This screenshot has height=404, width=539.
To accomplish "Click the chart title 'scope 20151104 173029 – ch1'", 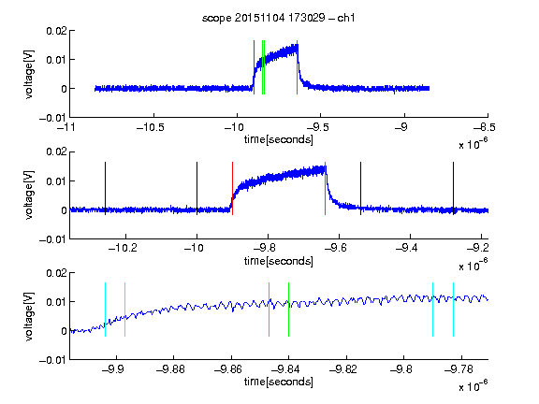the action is click(279, 18).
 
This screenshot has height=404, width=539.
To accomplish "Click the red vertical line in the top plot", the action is click(254, 67).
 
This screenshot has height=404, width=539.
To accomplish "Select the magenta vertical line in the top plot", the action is click(297, 67).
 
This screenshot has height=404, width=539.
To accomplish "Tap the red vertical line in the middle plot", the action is click(232, 189).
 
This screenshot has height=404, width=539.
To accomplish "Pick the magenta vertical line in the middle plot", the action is click(326, 189).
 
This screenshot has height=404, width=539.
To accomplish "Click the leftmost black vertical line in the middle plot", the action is click(105, 189).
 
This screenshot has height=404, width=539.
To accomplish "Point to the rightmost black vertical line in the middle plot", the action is click(453, 189).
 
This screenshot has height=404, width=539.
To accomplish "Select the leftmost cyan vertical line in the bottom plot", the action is click(105, 310).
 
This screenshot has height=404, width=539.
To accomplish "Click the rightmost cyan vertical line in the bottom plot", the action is click(453, 310).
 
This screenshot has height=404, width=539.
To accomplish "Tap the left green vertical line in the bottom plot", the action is click(269, 310).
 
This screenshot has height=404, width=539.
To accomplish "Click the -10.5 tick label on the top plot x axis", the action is click(151, 127).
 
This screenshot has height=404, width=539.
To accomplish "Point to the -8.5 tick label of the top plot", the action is click(485, 127).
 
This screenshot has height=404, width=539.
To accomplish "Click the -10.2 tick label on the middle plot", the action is click(123, 248).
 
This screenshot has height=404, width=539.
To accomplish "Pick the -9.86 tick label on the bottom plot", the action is click(228, 369).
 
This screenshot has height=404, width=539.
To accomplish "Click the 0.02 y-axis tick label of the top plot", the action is click(56, 31).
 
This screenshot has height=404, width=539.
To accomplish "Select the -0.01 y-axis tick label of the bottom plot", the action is click(52, 360).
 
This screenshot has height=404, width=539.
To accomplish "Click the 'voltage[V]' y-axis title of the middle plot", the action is click(29, 195).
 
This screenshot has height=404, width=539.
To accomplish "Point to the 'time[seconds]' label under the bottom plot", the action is click(279, 382).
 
